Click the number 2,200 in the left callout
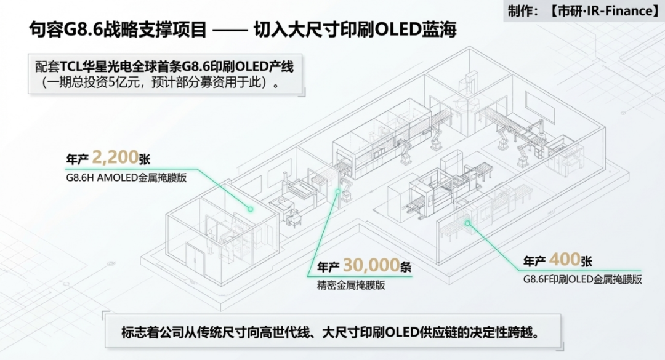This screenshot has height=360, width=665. point(115,158)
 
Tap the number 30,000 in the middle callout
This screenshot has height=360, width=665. point(371,265)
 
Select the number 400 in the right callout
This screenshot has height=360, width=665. point(564,260)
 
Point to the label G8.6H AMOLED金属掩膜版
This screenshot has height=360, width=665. point(126,177)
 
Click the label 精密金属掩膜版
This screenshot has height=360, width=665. point(351,286)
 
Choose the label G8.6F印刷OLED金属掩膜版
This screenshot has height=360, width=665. point(582,279)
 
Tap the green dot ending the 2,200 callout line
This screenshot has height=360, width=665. point(250,209)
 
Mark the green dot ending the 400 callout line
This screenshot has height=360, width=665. point(467,223)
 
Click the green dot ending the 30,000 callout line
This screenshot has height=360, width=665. point(338,191)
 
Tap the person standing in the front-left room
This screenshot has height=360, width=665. point(209,242)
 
